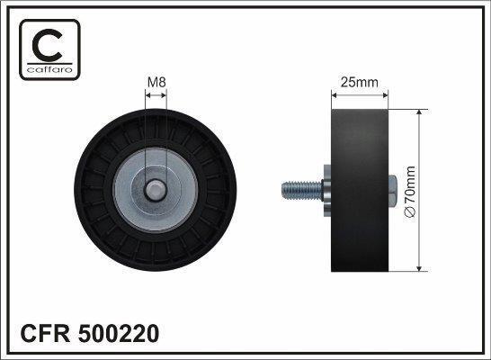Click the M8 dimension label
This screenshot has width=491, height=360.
point(156,83)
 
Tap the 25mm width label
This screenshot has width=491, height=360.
point(360,83)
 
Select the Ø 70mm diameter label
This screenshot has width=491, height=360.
point(410,192)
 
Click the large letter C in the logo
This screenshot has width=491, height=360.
point(47,45)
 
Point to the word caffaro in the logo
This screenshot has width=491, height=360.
point(49,69)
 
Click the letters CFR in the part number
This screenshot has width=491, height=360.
point(45,333)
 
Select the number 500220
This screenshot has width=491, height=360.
point(119,333)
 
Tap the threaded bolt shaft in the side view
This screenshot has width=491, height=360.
point(302,191)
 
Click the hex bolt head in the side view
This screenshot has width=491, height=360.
point(393,191)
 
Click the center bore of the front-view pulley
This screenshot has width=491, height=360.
point(155,190)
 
